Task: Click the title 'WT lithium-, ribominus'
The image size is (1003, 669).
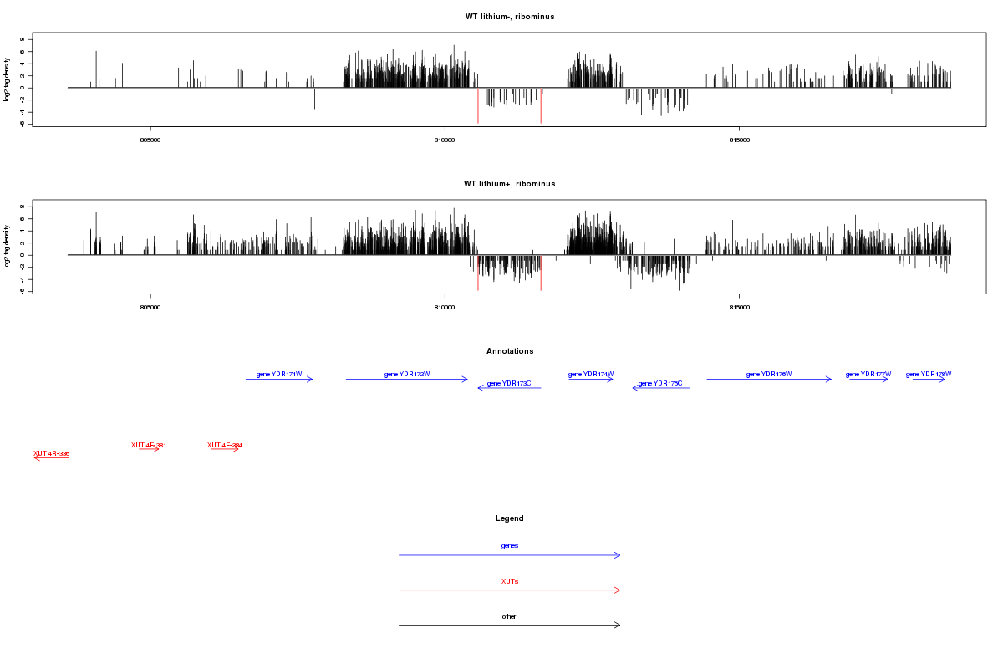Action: coord(509,17)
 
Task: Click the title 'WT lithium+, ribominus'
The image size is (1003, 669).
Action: coord(509,184)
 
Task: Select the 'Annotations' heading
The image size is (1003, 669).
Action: coord(509,351)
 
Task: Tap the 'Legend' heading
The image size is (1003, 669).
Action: coord(509,518)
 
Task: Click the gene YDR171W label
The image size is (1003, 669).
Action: coord(279,374)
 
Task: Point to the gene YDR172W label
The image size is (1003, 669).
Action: coord(407,374)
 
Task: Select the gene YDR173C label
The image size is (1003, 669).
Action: coord(509,383)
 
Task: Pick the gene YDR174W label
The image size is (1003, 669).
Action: coord(591,374)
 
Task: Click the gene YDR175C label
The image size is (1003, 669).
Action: coord(660,383)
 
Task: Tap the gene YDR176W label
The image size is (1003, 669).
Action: coord(769,374)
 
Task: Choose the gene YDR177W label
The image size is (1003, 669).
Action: coord(868,374)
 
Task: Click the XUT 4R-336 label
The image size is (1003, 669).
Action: coord(51,453)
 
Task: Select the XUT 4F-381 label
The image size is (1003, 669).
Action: coord(149,445)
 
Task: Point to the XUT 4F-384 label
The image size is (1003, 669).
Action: coord(225,445)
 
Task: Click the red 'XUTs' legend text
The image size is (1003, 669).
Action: coord(509,581)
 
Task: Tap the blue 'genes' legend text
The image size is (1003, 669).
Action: coord(509,546)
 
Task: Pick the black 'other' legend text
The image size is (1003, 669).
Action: coord(509,616)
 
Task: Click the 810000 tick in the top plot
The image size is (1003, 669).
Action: coord(445,140)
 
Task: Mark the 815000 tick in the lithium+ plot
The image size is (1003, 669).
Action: coord(739,308)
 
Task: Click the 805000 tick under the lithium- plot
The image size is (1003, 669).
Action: coord(150,140)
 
